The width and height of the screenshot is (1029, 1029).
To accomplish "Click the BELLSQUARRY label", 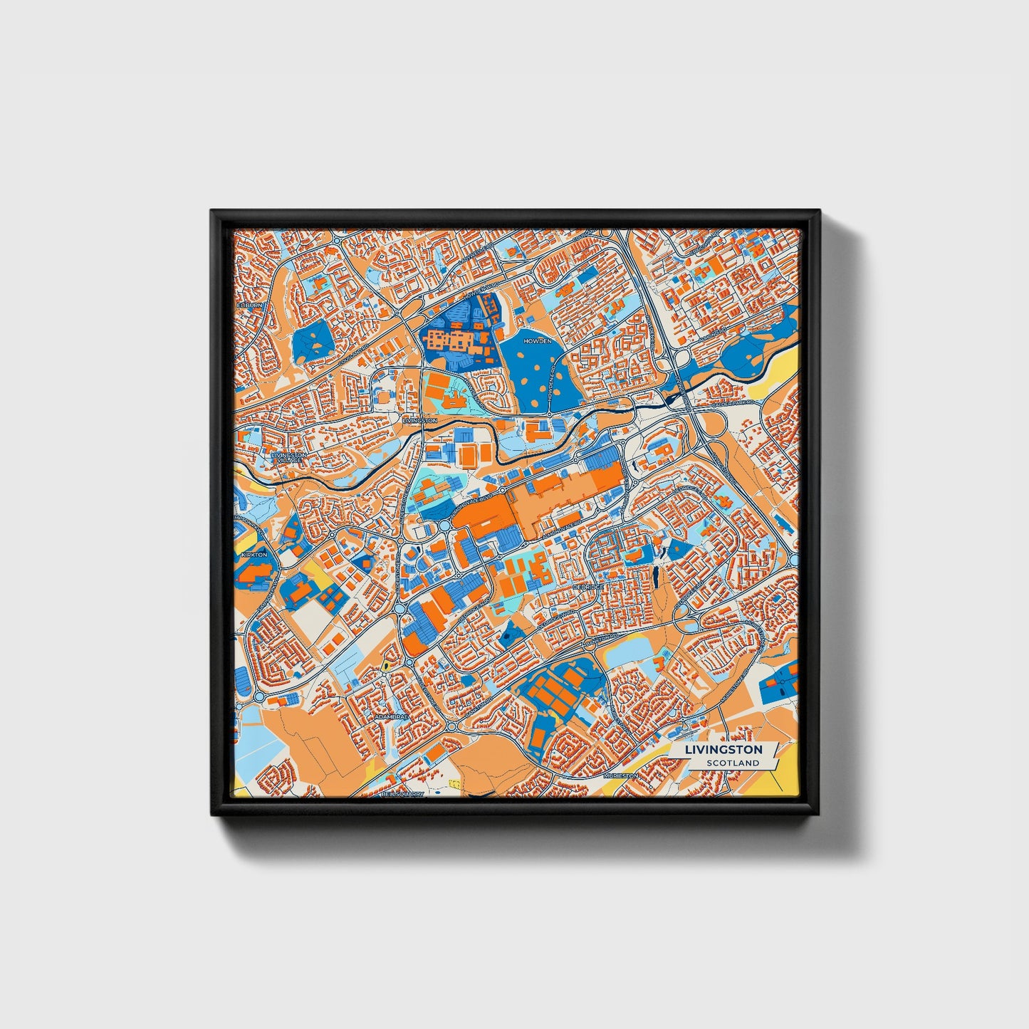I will point(402,793).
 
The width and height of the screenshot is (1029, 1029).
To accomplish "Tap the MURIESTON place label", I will point(617,774).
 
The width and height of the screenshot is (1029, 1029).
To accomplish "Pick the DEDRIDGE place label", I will point(588,587).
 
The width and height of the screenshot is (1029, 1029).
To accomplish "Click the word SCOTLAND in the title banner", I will point(733,763).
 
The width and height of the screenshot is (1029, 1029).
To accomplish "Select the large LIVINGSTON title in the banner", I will point(724,749).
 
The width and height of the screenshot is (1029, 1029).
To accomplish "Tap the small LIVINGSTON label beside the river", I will point(419,421).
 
